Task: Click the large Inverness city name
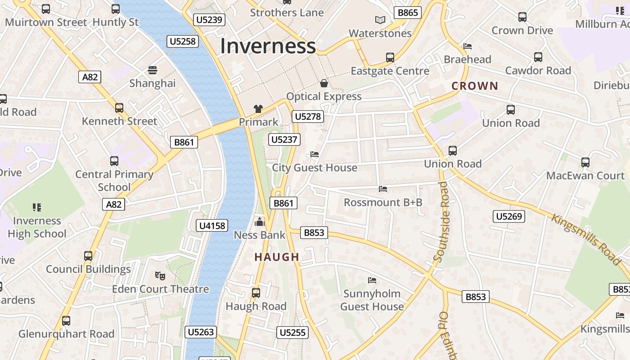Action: (268, 46)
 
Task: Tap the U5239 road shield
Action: (209, 20)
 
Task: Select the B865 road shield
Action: (408, 13)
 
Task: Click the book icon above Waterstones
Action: (380, 20)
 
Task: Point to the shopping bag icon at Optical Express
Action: (324, 83)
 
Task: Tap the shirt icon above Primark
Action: (258, 108)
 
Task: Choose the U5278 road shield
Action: (308, 117)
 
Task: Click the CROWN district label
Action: (475, 86)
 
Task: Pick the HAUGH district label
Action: (277, 257)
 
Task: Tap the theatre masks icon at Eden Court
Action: (159, 275)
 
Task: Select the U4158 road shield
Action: (212, 225)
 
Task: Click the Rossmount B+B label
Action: (383, 202)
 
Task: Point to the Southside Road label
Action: (442, 221)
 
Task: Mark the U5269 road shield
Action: (509, 216)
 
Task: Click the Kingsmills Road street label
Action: (586, 239)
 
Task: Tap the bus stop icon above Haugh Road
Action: (256, 293)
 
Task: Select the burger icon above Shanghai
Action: (153, 70)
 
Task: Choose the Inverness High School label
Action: (37, 227)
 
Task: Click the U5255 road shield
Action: (292, 333)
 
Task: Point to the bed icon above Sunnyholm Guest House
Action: (372, 280)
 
